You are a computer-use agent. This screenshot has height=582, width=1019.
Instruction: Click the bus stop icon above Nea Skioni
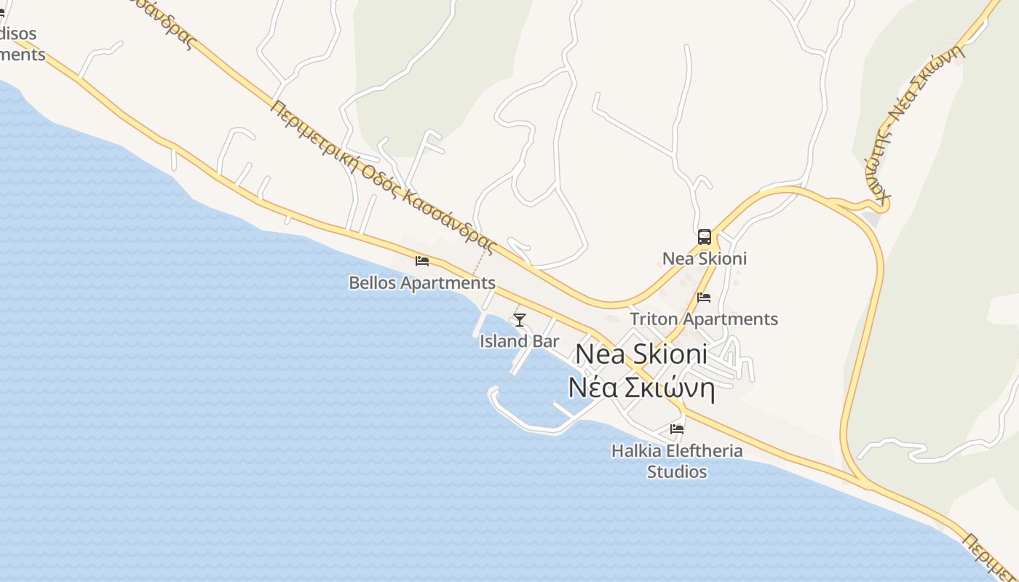[705, 237]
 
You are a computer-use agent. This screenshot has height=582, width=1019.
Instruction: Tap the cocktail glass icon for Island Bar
[520, 319]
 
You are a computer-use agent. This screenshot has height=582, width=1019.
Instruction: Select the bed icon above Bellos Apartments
[422, 260]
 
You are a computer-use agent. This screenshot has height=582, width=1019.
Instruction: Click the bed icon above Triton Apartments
[704, 298]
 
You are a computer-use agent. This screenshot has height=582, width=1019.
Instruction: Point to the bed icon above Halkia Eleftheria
[677, 429]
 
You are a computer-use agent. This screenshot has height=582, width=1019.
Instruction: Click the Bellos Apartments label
[422, 283]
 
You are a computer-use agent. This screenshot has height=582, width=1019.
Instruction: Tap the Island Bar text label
[520, 341]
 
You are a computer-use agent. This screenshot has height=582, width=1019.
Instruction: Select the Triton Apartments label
[704, 319]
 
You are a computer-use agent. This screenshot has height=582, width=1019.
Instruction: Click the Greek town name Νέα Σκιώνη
[641, 388]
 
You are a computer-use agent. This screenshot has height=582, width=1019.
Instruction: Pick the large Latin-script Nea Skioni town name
[641, 354]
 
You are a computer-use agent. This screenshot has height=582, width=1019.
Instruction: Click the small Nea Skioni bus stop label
[705, 259]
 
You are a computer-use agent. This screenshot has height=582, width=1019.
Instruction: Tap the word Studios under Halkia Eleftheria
[677, 472]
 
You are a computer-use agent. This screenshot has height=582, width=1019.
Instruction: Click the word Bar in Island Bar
[547, 341]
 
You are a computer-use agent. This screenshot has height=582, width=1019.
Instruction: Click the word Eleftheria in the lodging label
[699, 451]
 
